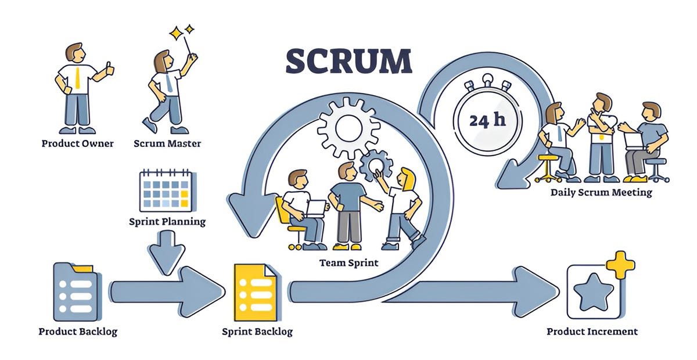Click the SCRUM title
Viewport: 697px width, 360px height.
coord(348,61)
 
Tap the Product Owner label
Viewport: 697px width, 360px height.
coord(77,143)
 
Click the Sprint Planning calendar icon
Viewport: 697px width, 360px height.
coord(166,190)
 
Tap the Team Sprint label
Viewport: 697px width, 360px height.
coord(348,263)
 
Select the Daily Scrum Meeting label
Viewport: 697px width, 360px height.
coord(601,192)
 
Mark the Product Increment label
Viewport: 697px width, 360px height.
coord(592,332)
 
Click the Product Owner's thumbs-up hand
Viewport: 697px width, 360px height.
coord(108,71)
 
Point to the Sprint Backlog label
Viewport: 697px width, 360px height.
coord(257,332)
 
